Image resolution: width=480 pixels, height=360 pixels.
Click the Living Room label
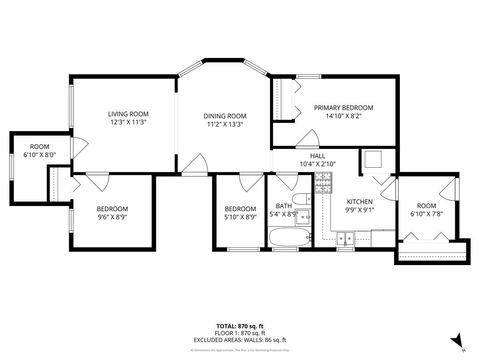[128, 114]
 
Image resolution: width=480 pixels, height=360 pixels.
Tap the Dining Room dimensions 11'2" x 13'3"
[226, 125]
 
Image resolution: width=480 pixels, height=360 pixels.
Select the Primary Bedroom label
[343, 107]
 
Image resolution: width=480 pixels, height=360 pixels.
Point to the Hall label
[317, 156]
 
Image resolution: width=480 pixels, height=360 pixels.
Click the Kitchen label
[359, 201]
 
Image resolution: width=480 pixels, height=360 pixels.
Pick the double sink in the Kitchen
[346, 238]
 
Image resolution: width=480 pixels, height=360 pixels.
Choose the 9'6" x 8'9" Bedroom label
[112, 208]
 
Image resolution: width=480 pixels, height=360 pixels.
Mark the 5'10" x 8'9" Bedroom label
[240, 208]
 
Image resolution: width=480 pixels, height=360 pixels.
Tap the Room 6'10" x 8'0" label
[39, 147]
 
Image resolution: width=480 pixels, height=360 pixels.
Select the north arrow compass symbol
[457, 340]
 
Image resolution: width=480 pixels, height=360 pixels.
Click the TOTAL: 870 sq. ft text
[240, 326]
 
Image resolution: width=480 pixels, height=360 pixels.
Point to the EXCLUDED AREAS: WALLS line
[240, 340]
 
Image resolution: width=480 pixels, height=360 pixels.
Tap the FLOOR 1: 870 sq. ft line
[240, 333]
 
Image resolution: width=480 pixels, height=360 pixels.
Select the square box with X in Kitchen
[372, 158]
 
